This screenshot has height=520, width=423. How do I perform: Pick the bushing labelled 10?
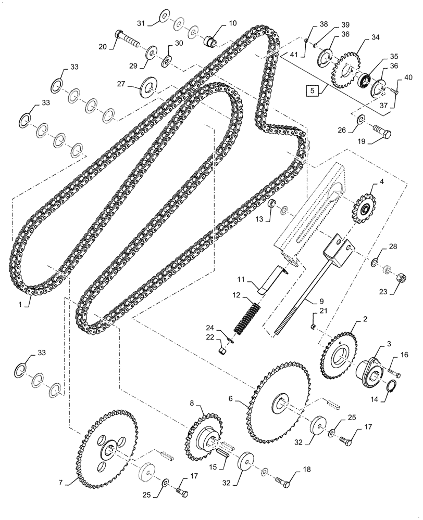pyautogui.click(x=211, y=41)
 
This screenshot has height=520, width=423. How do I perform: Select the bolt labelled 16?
pyautogui.click(x=393, y=371)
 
